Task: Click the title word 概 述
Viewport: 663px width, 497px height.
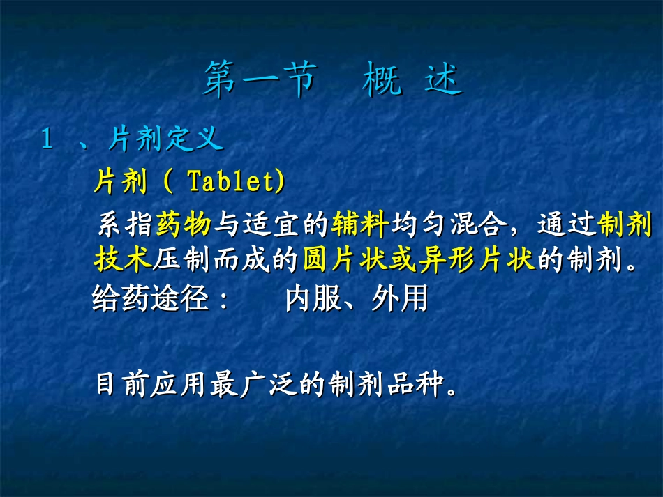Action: tap(412, 81)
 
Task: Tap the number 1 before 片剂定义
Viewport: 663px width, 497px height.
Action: tap(47, 140)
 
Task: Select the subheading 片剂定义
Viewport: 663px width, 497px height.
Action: tap(166, 140)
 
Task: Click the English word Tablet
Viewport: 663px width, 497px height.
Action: tap(233, 182)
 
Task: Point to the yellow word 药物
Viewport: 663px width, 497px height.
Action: tap(184, 224)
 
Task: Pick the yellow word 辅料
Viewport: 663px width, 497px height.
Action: tap(360, 224)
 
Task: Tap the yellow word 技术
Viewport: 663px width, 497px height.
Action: tap(122, 261)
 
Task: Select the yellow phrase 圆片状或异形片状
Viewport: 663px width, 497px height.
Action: tap(419, 261)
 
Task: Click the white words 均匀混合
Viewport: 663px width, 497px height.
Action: tap(447, 224)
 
